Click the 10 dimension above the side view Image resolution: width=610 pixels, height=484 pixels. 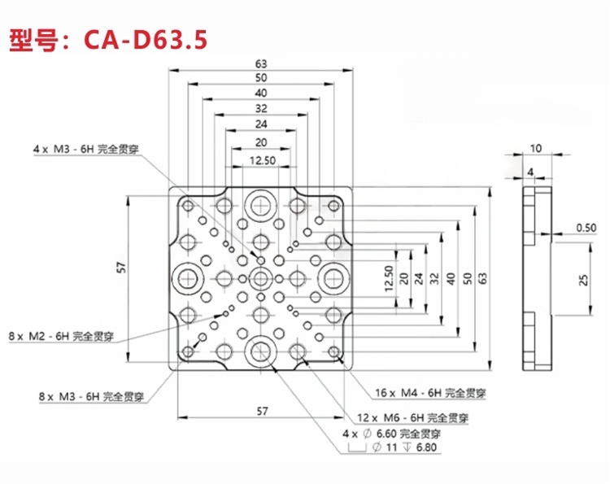pyautogui.click(x=535, y=148)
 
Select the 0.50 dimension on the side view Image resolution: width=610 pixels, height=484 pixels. pyautogui.click(x=584, y=227)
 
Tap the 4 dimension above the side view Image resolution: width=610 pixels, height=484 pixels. pyautogui.click(x=529, y=172)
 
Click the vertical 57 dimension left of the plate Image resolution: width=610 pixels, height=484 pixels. pyautogui.click(x=121, y=268)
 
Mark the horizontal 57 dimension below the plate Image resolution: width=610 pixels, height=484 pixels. pyautogui.click(x=261, y=411)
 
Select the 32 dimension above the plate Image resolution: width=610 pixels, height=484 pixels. pyautogui.click(x=261, y=108)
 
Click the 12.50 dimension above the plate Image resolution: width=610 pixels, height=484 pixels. pyautogui.click(x=260, y=161)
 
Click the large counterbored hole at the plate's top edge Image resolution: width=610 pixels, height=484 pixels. pyautogui.click(x=261, y=203)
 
